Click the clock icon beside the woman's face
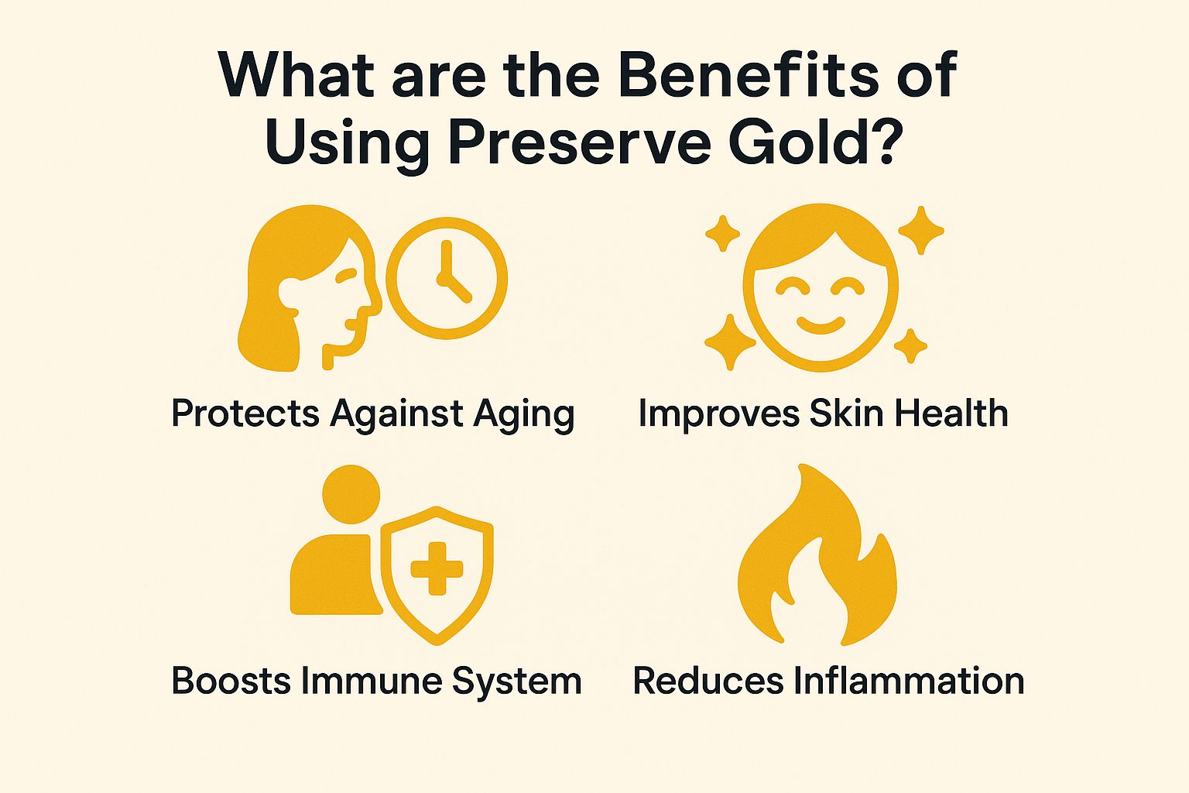tap(447, 278)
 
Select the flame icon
tap(817, 557)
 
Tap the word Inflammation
tap(909, 681)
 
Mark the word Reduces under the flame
tap(708, 681)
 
